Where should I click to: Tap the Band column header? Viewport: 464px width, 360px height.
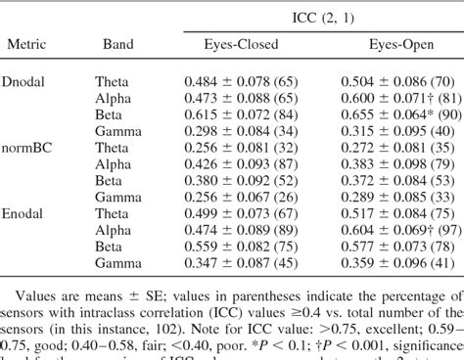coord(118,45)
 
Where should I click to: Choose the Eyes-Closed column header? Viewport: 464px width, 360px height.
coord(241,45)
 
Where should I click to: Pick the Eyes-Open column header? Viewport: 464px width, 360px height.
coord(401,45)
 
